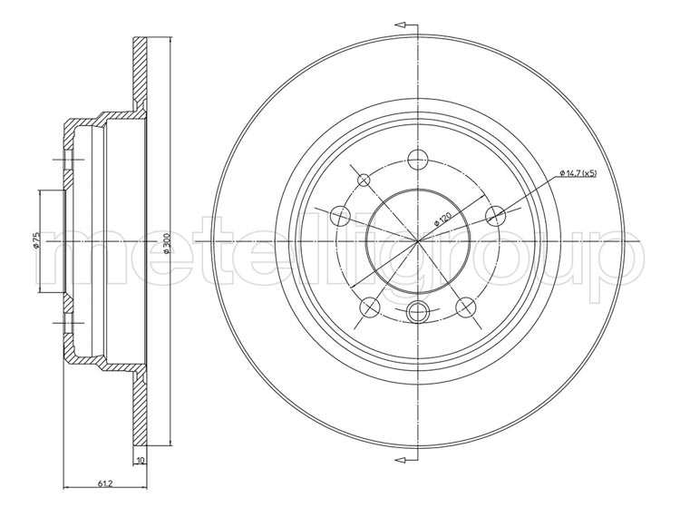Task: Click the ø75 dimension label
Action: tap(37, 240)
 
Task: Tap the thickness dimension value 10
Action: tap(140, 460)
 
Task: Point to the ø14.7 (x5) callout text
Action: tap(578, 173)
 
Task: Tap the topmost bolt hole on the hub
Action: tap(418, 160)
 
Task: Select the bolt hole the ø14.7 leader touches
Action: tap(495, 216)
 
